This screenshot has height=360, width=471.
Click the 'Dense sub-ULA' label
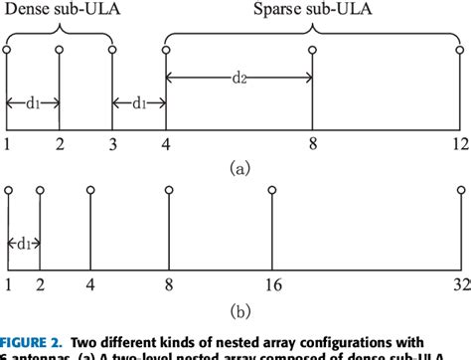click(x=58, y=10)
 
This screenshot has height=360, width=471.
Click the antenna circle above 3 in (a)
click(x=113, y=49)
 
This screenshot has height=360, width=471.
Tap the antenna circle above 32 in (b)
click(x=463, y=188)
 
